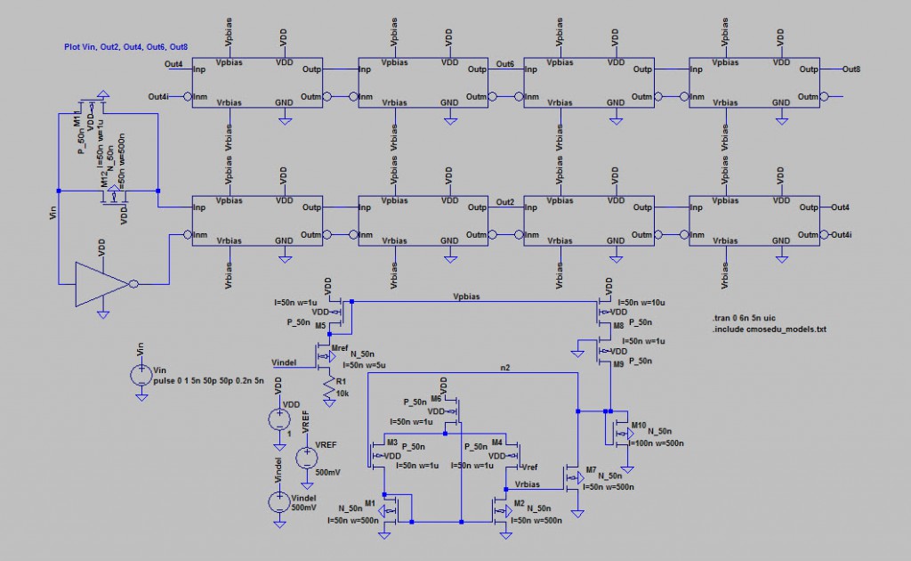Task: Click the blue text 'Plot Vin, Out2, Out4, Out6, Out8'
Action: (x=125, y=45)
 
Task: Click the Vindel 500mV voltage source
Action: (x=279, y=501)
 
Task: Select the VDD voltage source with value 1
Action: (x=279, y=419)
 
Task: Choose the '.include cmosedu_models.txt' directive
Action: (x=770, y=329)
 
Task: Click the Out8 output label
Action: (x=851, y=69)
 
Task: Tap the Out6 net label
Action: (x=505, y=64)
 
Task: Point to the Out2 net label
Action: (x=505, y=202)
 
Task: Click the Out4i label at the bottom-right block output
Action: (x=841, y=235)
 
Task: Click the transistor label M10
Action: (x=638, y=424)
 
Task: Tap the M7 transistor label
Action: (x=591, y=469)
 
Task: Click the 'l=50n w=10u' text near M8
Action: (x=641, y=304)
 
